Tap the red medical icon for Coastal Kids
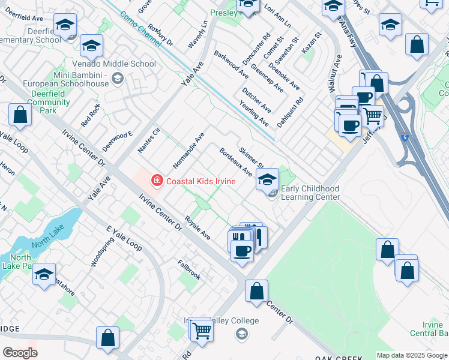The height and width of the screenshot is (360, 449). (157, 179)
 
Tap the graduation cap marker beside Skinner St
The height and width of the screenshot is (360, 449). (268, 179)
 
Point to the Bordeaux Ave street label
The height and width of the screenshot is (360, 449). (235, 162)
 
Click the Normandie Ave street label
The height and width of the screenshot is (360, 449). (188, 150)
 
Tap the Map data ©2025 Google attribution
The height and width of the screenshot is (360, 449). (412, 355)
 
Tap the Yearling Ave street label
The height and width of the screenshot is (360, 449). (254, 113)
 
